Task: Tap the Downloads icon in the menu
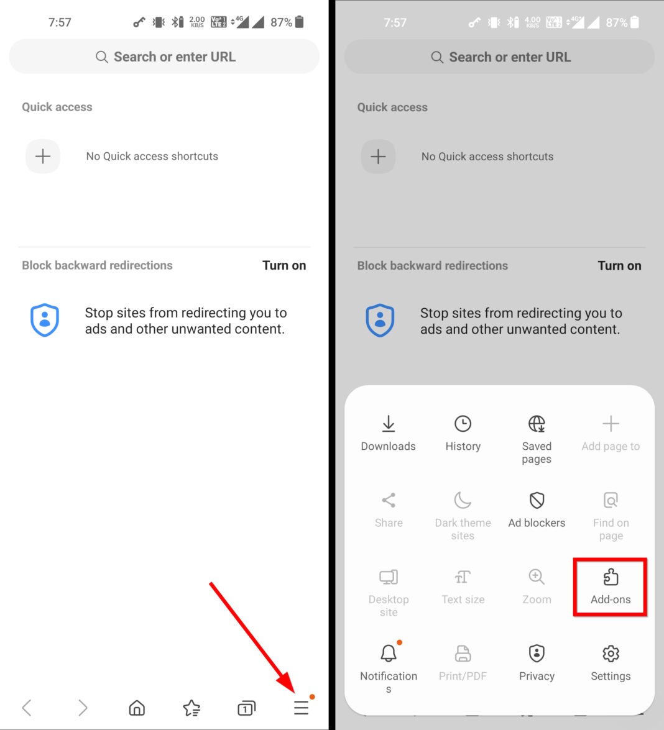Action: (388, 424)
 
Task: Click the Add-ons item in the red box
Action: (611, 586)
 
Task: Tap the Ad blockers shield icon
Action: (537, 501)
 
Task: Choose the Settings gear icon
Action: (611, 654)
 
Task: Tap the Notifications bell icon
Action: (389, 654)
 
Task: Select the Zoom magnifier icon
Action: (537, 577)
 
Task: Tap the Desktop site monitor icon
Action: (389, 577)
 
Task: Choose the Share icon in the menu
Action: (389, 501)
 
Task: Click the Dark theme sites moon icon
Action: (463, 501)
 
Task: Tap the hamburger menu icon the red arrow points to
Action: (302, 708)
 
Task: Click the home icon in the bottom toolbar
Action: (137, 708)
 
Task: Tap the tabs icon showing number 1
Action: (246, 708)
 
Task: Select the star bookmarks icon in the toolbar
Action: (191, 708)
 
